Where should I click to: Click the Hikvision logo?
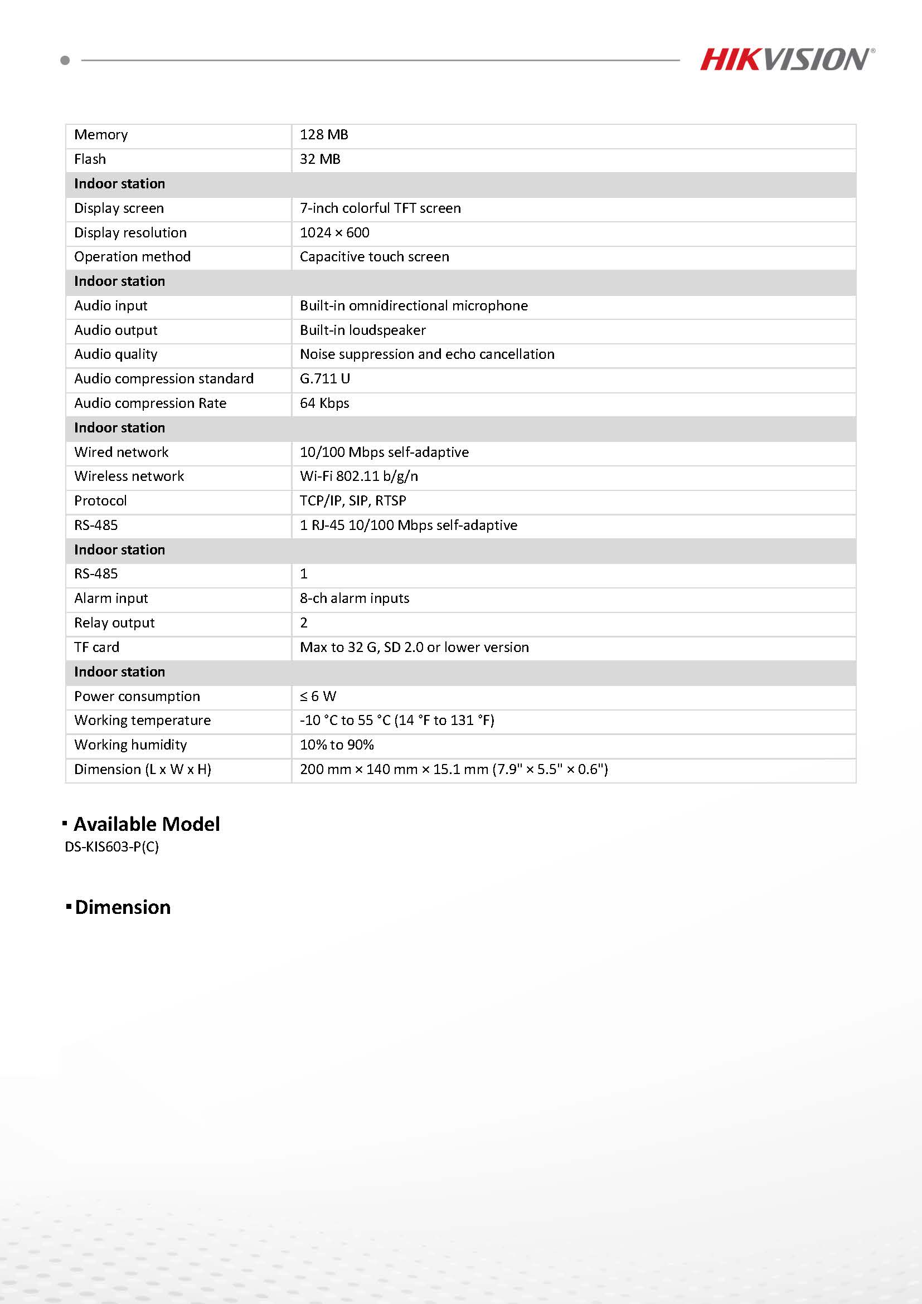point(787,59)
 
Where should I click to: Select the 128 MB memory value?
point(324,135)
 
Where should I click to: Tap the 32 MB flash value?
point(320,159)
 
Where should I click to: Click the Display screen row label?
point(119,208)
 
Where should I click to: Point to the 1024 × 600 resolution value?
point(334,233)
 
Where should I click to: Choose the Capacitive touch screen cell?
point(375,257)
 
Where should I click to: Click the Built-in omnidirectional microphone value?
point(414,306)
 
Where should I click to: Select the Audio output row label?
point(116,330)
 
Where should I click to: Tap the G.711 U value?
point(325,379)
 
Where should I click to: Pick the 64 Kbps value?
point(324,403)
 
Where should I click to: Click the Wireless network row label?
point(129,476)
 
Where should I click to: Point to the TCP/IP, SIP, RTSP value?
point(353,501)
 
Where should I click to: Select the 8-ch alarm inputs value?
point(355,599)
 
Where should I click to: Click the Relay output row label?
point(114,623)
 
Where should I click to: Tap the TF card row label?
point(96,648)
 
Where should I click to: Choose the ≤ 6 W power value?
point(318,696)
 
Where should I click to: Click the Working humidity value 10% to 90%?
point(337,745)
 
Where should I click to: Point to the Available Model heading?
point(147,824)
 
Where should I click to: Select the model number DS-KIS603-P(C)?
point(112,847)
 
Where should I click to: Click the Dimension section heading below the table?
point(122,907)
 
